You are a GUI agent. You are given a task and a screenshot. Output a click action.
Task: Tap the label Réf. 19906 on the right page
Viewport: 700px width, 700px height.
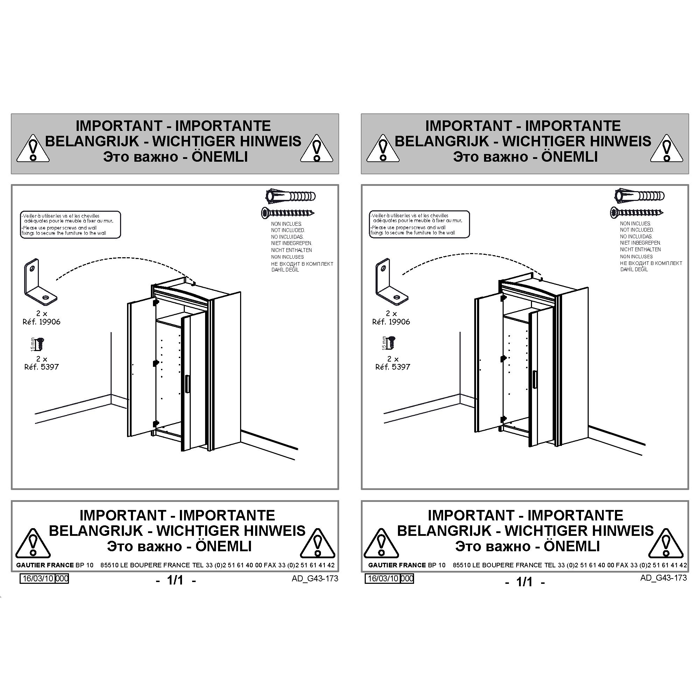[391, 322]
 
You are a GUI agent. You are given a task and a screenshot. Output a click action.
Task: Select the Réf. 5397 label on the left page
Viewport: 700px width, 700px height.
[41, 367]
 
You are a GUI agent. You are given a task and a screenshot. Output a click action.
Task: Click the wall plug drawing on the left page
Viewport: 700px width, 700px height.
[290, 196]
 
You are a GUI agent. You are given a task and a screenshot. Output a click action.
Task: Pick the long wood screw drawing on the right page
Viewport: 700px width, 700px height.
[637, 212]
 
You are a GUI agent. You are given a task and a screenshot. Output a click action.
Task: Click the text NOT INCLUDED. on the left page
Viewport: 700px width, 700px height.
[288, 230]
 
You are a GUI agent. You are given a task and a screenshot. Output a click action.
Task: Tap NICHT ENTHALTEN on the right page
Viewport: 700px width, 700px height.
[640, 250]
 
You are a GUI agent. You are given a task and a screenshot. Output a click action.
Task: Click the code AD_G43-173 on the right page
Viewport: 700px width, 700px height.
[663, 578]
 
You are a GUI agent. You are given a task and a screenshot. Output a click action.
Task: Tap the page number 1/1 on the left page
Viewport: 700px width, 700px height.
[175, 580]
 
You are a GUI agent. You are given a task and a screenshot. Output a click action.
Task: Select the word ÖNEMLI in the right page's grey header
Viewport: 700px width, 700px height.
[569, 157]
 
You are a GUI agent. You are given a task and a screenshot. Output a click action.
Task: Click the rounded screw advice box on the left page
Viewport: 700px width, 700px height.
[70, 225]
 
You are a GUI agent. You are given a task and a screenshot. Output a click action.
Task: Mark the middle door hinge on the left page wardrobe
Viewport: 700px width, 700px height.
[156, 362]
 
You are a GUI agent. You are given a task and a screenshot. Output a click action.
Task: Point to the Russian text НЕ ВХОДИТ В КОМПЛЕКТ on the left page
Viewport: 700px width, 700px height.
[302, 264]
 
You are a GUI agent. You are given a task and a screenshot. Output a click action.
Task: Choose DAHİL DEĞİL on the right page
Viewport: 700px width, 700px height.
[634, 269]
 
